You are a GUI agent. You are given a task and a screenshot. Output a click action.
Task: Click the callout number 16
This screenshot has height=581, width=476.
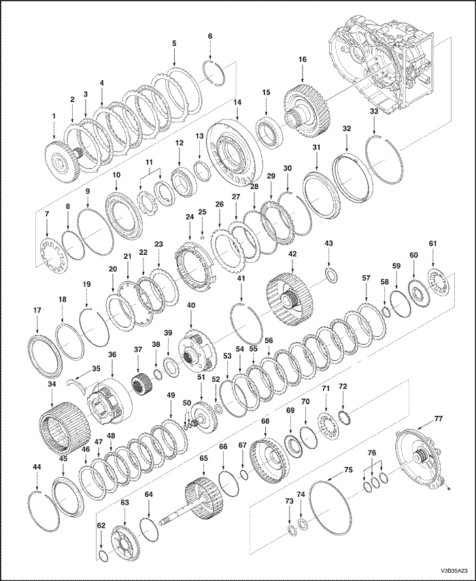tap(302, 60)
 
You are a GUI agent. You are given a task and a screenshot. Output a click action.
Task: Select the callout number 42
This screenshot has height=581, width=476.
tap(292, 254)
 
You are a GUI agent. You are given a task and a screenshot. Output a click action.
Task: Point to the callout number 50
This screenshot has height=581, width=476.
tap(186, 403)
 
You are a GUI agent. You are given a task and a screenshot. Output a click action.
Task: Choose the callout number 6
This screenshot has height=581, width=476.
tap(209, 36)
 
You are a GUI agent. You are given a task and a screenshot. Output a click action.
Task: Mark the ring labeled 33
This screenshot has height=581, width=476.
tap(384, 160)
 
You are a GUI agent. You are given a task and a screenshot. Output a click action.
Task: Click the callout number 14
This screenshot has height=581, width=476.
tap(237, 103)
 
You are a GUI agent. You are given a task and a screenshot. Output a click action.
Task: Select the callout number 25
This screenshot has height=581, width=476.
tap(201, 212)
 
